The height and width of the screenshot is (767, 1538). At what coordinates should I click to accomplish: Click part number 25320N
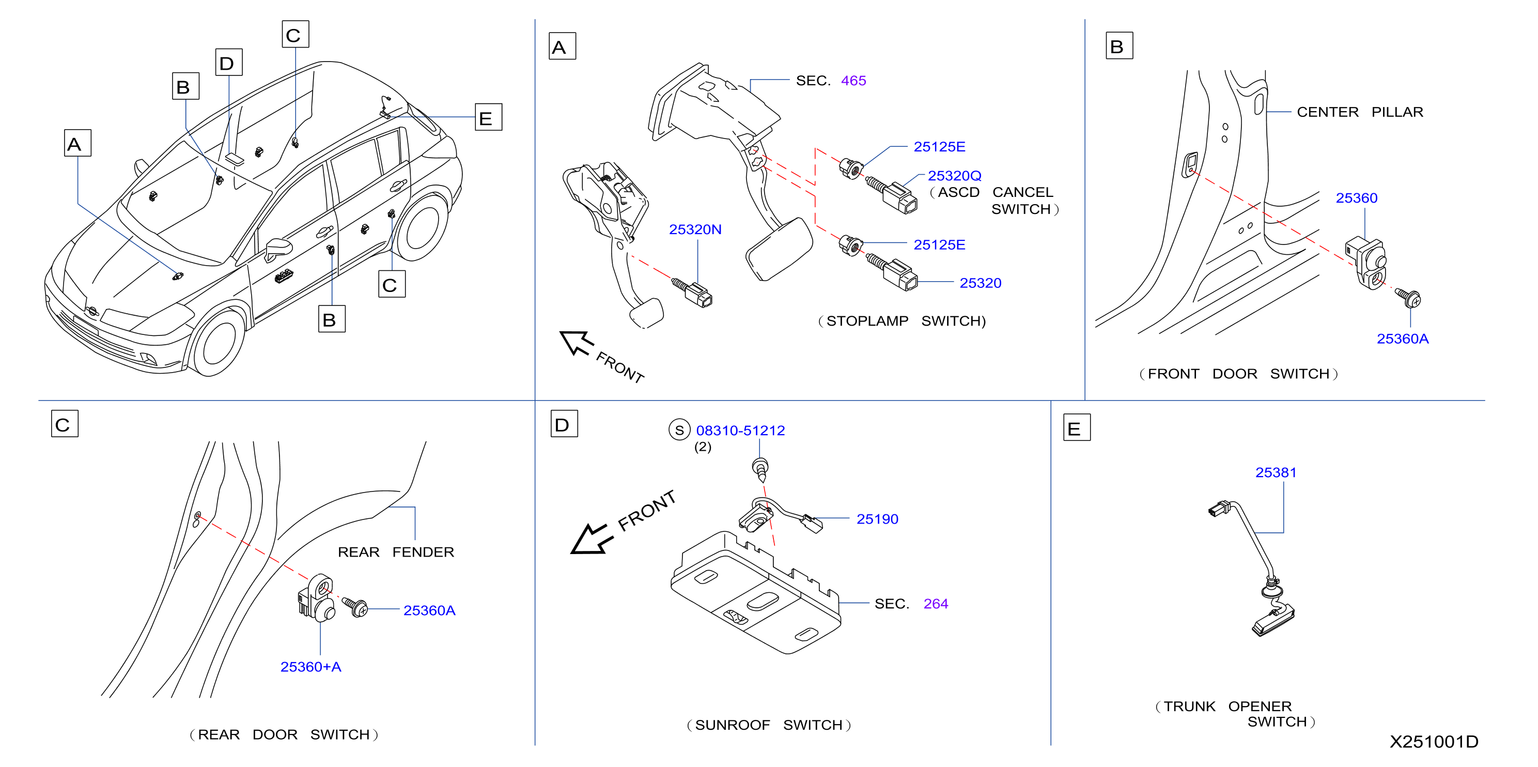coord(695,229)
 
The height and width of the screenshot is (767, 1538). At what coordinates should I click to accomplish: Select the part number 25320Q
coord(954,176)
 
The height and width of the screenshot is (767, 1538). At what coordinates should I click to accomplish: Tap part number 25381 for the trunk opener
coord(1276,472)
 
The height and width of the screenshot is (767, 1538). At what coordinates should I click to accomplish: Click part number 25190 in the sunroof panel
coord(877,519)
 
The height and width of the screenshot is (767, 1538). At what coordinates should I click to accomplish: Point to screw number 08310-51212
coord(740,431)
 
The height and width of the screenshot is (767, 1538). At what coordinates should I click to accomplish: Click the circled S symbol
coord(679,430)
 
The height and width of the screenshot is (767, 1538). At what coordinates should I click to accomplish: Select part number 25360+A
coord(310,667)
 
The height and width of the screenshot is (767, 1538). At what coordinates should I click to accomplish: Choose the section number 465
coord(853,81)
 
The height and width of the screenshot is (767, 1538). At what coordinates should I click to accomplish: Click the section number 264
coord(936,604)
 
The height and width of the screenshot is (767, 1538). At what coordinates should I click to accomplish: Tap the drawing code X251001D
coord(1434,741)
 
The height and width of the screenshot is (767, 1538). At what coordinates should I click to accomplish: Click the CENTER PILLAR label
coord(1359,112)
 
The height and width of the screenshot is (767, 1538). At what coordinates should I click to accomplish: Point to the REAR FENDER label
coord(396,552)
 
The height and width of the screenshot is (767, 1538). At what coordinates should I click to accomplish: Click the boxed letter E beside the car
coord(488,117)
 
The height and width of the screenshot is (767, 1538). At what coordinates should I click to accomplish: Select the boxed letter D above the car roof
coord(229,62)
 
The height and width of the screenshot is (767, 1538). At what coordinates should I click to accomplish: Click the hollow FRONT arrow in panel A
coord(576,343)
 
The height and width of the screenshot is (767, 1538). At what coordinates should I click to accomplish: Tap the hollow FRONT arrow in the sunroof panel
coord(591,540)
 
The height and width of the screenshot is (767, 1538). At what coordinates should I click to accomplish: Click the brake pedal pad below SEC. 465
coord(779,249)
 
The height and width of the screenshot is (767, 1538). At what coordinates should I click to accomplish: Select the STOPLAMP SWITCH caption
coord(902,321)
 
